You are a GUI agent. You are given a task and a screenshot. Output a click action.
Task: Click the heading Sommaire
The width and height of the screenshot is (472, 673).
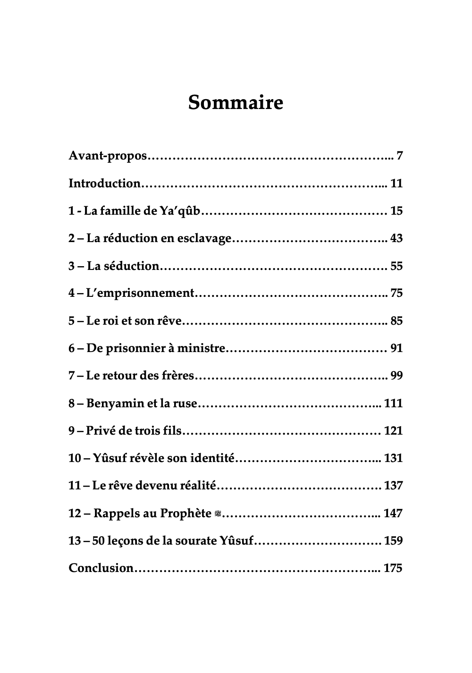[236, 102]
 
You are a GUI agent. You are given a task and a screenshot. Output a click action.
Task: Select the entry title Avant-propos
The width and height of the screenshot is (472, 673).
[108, 156]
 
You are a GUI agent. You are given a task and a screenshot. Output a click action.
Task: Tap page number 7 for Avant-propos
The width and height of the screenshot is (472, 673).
[399, 156]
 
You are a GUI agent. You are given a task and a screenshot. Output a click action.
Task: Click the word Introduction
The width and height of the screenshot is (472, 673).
[104, 183]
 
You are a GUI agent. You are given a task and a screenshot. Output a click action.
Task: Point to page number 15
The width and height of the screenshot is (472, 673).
[396, 211]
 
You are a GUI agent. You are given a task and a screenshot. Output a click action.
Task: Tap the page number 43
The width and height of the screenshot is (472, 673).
[396, 238]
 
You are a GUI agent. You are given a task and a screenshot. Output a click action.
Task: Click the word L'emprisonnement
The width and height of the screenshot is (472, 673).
[140, 293]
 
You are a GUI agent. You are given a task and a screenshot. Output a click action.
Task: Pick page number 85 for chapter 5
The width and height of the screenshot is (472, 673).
[396, 321]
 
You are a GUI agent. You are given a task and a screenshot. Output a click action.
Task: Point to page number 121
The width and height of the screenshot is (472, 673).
[393, 431]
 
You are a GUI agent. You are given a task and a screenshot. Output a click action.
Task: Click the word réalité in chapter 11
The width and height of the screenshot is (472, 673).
[198, 486]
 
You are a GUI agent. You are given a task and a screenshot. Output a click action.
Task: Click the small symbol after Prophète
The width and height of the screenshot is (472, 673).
[218, 513]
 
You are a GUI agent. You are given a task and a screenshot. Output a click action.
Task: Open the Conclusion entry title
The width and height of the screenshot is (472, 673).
[101, 568]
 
